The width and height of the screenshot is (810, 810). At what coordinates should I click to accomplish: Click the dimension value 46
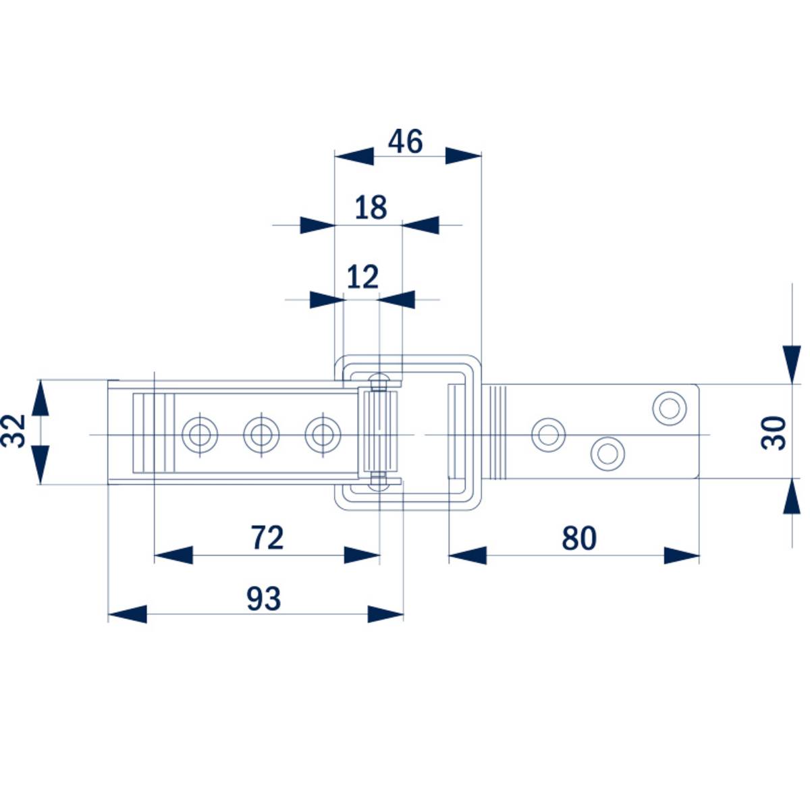(x=406, y=142)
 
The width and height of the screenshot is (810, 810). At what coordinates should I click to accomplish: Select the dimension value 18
(x=371, y=207)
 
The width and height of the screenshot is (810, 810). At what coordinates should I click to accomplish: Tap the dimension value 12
(x=362, y=277)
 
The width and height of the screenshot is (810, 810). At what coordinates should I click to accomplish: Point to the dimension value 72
(x=267, y=538)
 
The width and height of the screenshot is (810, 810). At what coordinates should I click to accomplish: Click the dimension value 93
(x=263, y=599)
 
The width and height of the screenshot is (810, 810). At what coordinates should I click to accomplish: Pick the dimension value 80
(x=579, y=539)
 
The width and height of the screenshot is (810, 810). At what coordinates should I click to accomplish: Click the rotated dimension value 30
(x=775, y=433)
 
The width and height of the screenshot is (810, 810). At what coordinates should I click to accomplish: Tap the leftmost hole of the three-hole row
(x=200, y=433)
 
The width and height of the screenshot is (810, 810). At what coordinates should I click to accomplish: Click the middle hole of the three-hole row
(x=261, y=433)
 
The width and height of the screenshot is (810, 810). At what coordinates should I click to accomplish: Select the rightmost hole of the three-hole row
(x=323, y=433)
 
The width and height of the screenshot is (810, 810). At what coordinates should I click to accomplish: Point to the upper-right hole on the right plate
(x=670, y=408)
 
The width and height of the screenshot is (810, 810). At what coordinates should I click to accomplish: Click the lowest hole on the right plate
(x=607, y=453)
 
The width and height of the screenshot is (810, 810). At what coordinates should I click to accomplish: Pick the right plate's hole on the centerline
(x=548, y=434)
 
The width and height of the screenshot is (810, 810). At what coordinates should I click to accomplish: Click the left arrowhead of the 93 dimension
(x=127, y=614)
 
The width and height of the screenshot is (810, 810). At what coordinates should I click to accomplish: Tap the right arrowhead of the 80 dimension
(x=682, y=556)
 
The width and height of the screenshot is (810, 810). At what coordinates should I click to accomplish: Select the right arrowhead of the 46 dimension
(x=464, y=156)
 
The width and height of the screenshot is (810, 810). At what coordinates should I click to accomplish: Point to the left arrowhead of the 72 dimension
(x=173, y=556)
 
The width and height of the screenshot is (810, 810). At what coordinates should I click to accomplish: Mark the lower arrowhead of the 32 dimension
(x=40, y=466)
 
